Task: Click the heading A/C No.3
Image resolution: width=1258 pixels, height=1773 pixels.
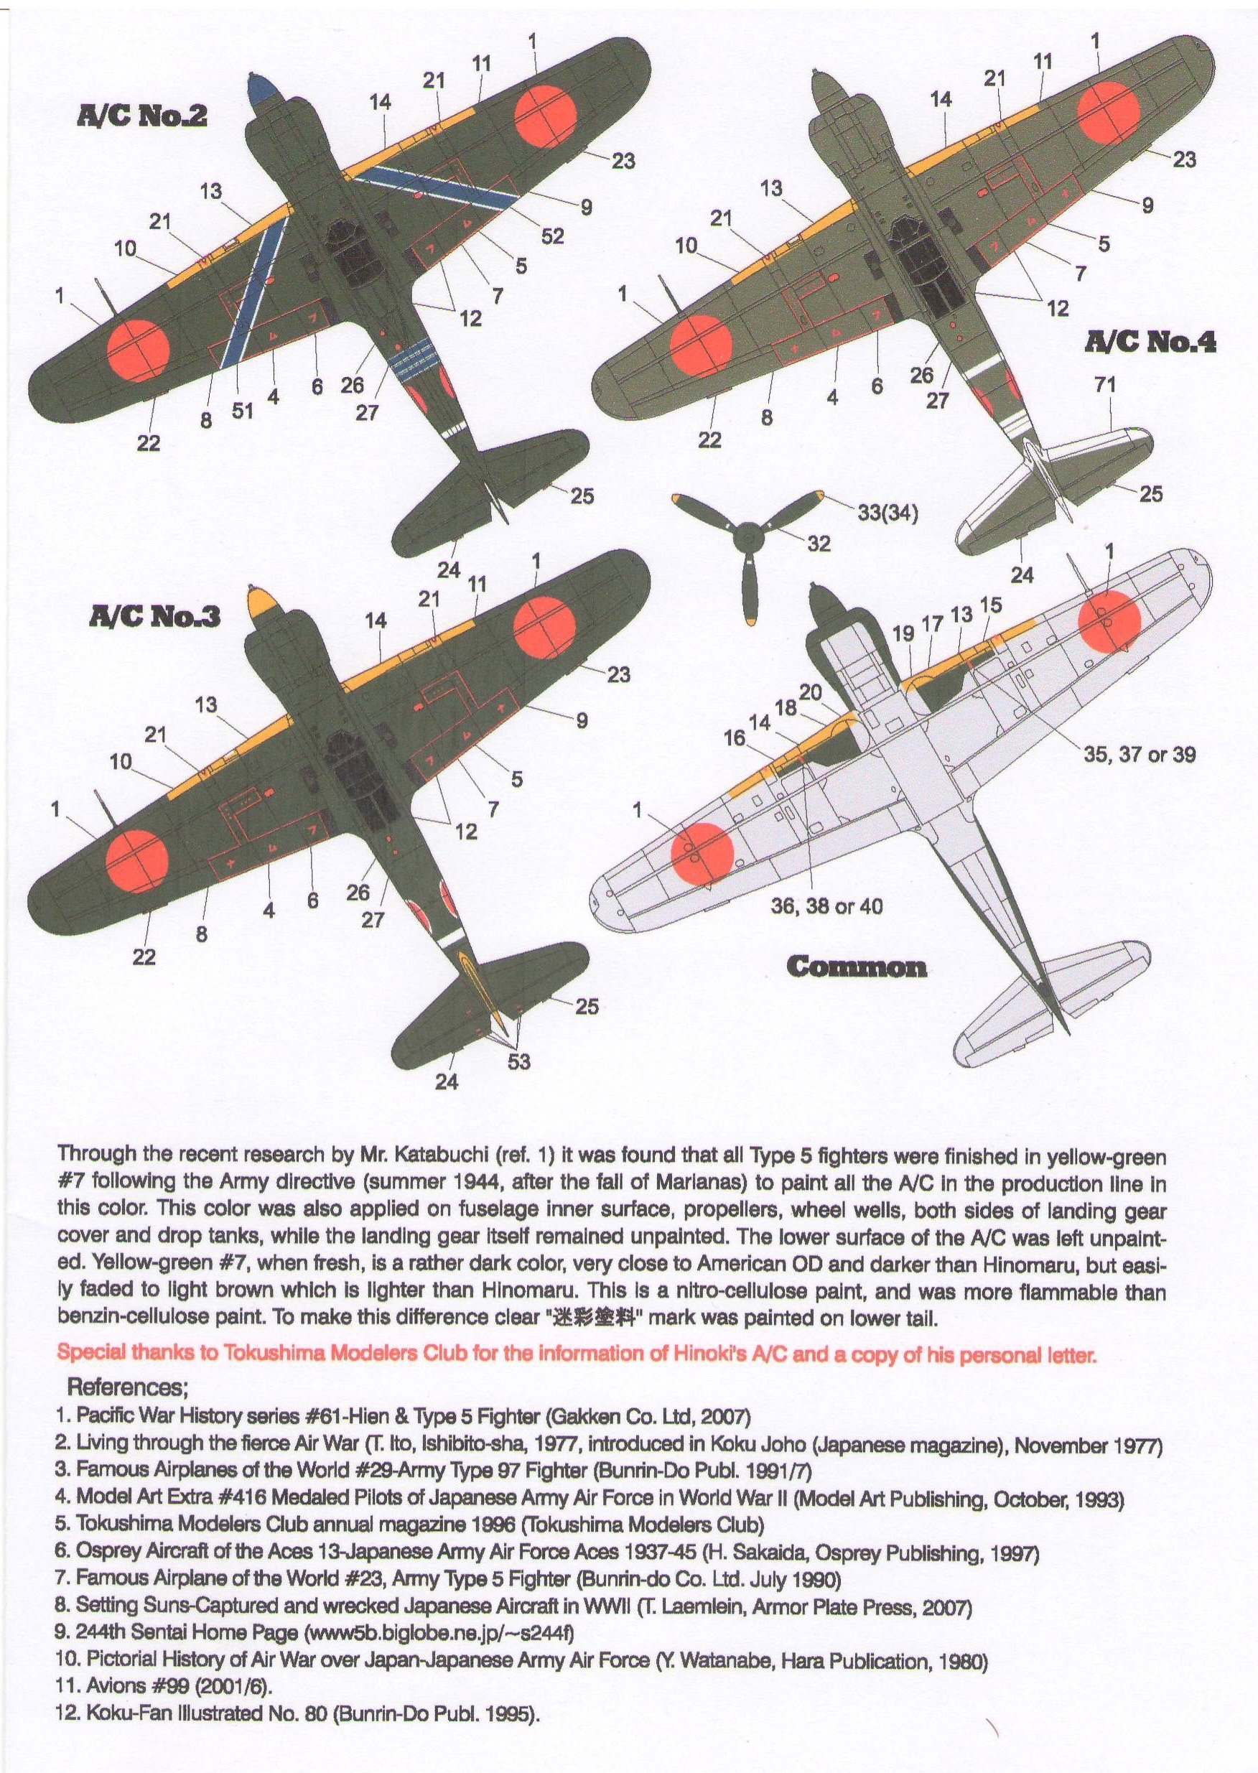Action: (x=155, y=617)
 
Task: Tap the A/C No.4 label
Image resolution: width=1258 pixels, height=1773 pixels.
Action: (x=1150, y=342)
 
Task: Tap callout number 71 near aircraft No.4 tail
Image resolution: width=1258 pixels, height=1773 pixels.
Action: (x=1105, y=385)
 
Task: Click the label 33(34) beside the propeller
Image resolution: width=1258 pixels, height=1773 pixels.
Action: (x=887, y=513)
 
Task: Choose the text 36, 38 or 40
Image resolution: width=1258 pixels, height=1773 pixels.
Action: (x=826, y=906)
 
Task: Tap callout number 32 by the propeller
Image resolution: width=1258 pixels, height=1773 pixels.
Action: (x=819, y=544)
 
